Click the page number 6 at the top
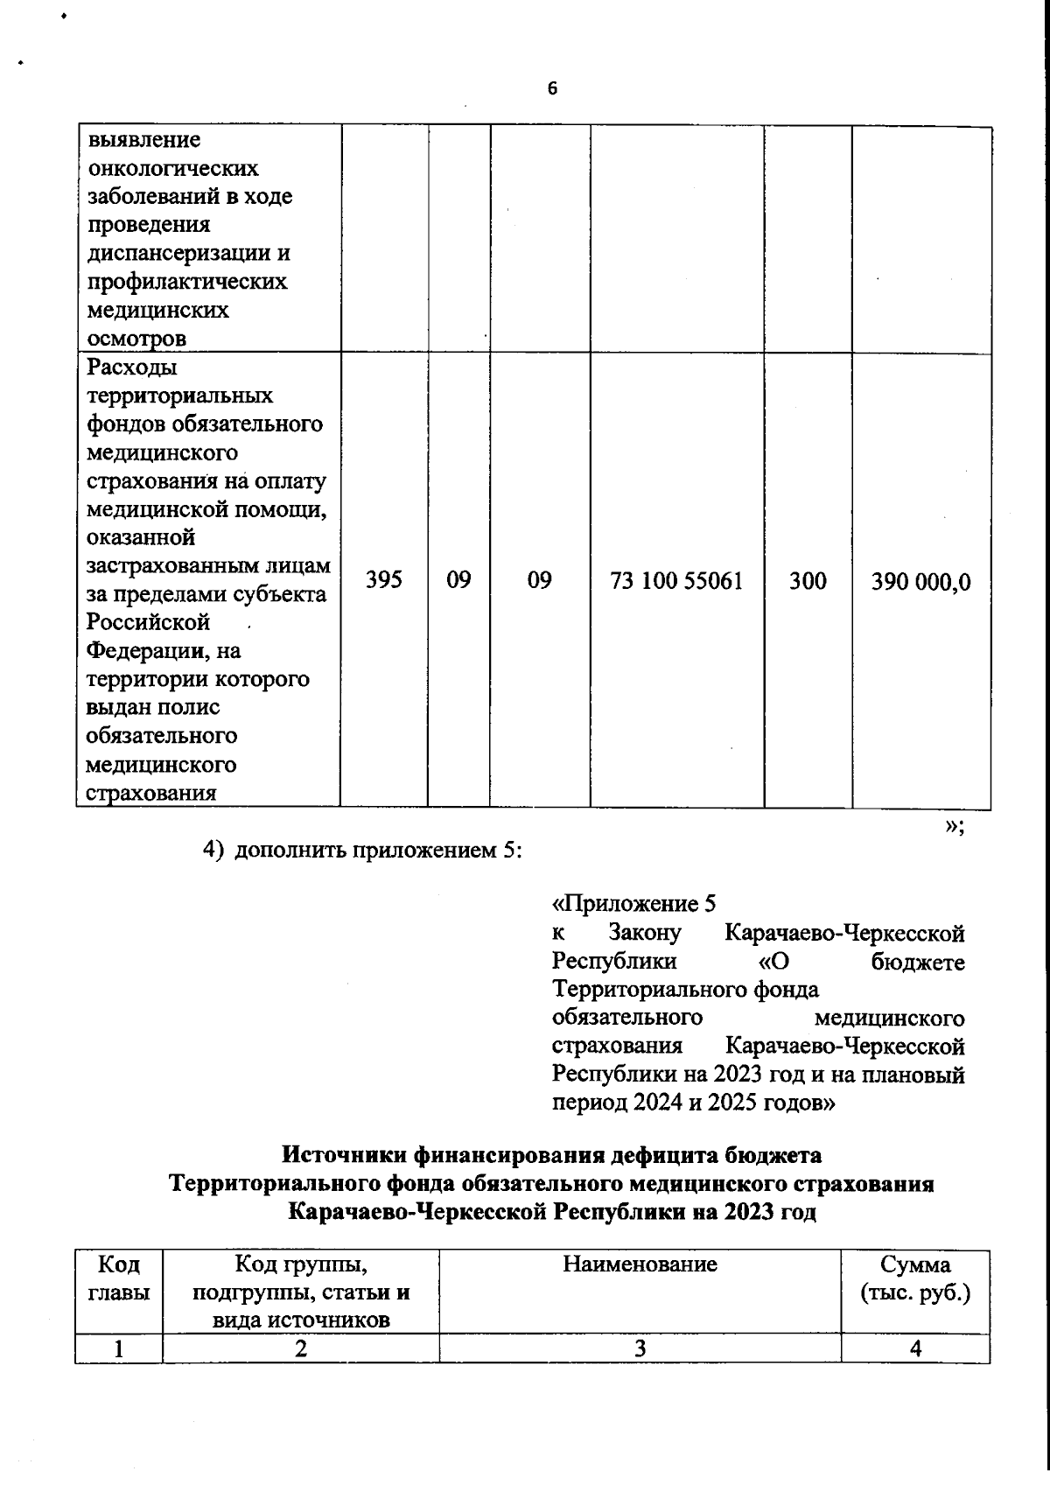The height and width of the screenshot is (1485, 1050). (x=552, y=88)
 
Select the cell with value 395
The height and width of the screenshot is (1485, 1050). (x=384, y=580)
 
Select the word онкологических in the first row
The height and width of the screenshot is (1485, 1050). (x=172, y=168)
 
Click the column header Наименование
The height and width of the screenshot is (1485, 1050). (x=640, y=1264)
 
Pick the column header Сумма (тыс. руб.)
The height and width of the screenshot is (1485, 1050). (x=915, y=1278)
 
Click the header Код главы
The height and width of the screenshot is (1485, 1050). (x=119, y=1278)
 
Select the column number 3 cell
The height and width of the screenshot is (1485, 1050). (x=640, y=1348)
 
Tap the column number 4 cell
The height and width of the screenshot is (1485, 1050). (x=915, y=1348)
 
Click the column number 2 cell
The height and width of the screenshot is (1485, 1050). (x=300, y=1348)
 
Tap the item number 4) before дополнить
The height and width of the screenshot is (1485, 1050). (x=214, y=851)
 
